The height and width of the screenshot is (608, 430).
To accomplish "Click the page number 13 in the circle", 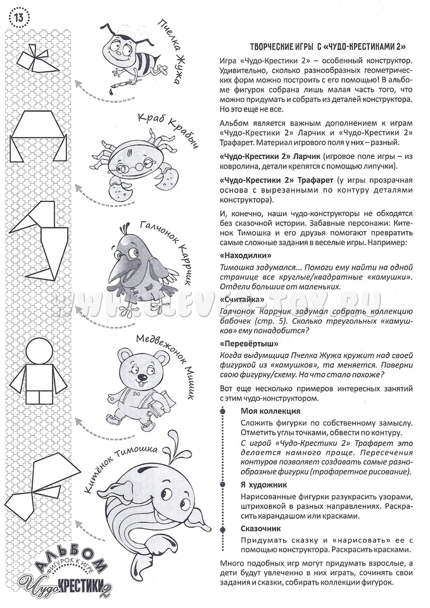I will [x=18, y=16].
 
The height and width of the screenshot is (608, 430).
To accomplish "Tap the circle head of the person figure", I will [x=39, y=351].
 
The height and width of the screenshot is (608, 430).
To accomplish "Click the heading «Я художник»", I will [x=262, y=484].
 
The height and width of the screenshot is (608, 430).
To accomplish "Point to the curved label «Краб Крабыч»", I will [x=163, y=130].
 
